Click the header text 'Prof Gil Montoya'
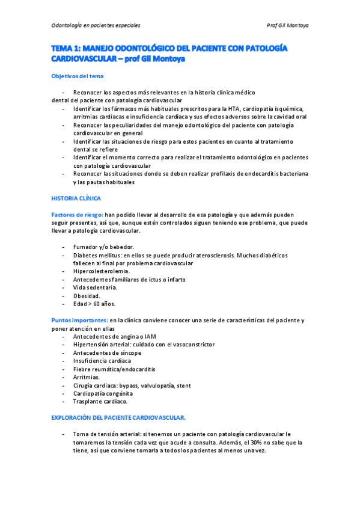tap(287, 25)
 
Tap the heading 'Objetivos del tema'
tap(77, 76)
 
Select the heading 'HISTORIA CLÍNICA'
tap(76, 198)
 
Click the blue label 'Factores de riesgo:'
tap(78, 214)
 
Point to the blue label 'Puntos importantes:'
tap(79, 320)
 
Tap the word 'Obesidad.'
tap(87, 296)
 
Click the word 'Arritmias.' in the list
tap(88, 376)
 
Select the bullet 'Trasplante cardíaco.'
tap(100, 401)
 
